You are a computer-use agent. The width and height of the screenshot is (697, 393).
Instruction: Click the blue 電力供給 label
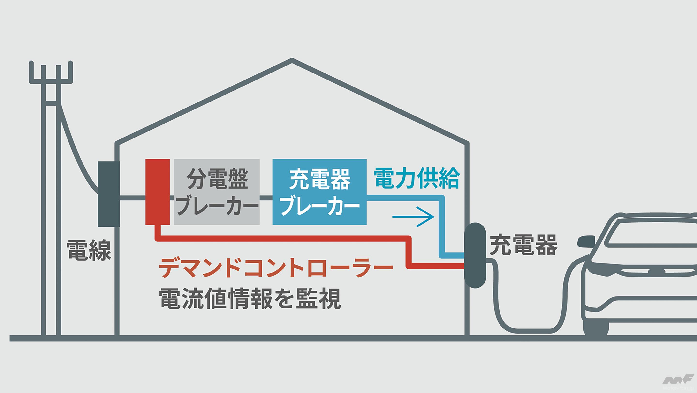click(x=417, y=179)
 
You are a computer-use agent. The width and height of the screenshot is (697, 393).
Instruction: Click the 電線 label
click(x=89, y=251)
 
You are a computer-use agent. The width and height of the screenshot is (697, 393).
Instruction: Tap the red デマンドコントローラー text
click(x=276, y=268)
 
